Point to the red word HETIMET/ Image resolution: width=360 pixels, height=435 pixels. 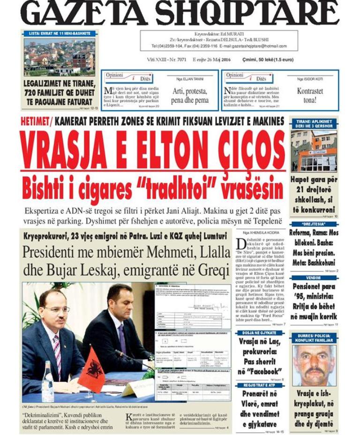pyautogui.click(x=37, y=121)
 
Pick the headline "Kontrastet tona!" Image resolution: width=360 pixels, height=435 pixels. pyautogui.click(x=310, y=95)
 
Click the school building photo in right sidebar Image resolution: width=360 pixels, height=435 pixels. pyautogui.click(x=313, y=151)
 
